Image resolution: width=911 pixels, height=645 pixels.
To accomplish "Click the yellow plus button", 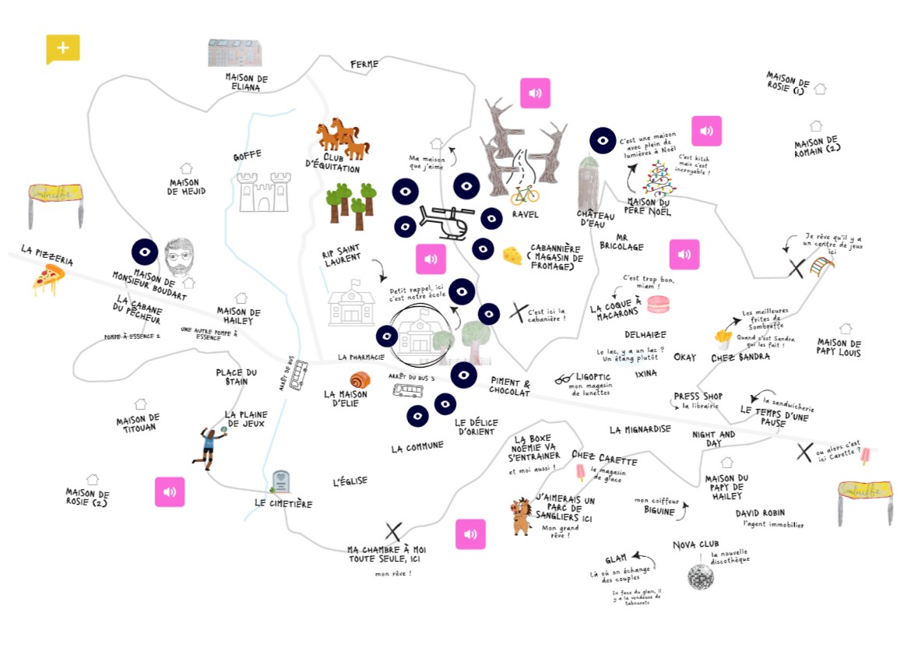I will coord(63,48).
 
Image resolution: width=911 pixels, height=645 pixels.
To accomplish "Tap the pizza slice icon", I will coord(48,279).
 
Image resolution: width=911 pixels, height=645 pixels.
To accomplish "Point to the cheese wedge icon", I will coord(512,256).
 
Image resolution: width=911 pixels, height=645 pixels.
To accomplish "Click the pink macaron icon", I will coord(658,304).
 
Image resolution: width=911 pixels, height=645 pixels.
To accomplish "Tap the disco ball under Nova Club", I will coord(700,576).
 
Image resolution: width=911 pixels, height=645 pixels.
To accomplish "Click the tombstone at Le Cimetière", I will coord(280,481).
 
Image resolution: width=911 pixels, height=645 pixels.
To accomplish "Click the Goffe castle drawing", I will coord(262,192).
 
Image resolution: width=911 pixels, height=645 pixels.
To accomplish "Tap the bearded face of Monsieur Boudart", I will coord(180,256).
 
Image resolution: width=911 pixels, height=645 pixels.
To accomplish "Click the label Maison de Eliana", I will coord(247,83).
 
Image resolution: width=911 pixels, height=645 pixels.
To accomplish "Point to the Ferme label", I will coord(364,64).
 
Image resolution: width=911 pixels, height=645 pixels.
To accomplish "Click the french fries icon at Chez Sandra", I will coord(722,337).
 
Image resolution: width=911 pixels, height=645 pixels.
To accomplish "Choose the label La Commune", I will coord(417,447).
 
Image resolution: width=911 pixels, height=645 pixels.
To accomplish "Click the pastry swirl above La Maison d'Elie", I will coord(360,380).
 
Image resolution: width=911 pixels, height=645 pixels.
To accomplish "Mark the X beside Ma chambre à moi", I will coord(393,531).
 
